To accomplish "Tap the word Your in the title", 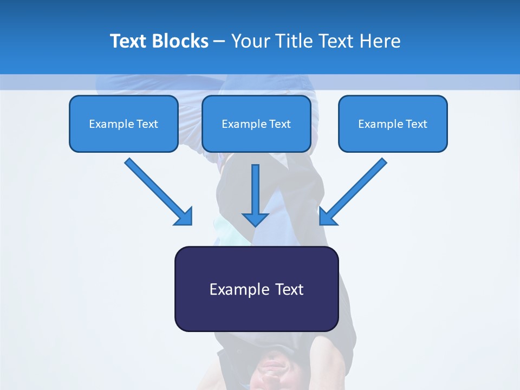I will tap(250, 41).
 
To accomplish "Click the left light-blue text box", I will tap(123, 123).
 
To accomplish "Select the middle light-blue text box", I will tap(256, 123).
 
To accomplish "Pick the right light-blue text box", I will tap(393, 123).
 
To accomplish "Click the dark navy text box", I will tap(256, 289).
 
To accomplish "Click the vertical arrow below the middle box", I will tap(255, 195).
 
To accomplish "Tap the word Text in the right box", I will tap(417, 124).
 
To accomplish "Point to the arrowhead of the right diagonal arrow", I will tap(327, 217).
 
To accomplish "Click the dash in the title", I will tap(219, 42).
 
